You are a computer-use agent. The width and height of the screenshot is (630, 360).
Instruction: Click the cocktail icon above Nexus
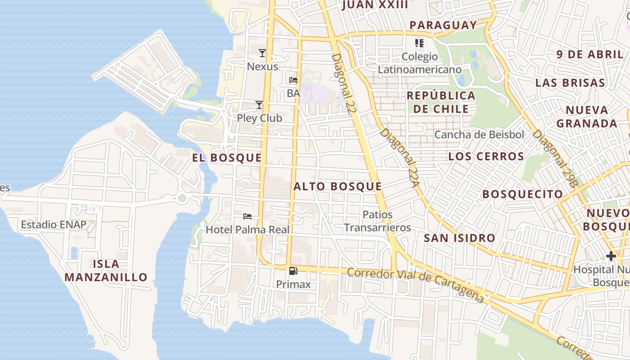click(x=262, y=53)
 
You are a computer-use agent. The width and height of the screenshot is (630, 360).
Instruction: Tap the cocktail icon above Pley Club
click(x=259, y=105)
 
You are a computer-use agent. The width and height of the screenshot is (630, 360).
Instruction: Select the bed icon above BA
click(x=293, y=81)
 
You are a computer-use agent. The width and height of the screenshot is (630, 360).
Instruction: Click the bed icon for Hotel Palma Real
click(x=247, y=216)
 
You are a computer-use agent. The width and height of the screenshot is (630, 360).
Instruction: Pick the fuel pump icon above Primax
click(x=293, y=271)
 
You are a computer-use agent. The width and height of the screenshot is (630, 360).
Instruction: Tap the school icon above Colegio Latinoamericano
click(x=419, y=43)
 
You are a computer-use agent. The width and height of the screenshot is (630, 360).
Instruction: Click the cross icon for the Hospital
click(x=611, y=256)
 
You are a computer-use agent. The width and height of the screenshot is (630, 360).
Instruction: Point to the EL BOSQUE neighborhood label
click(x=227, y=158)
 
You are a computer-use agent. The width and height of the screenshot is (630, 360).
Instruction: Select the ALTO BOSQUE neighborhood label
click(x=337, y=187)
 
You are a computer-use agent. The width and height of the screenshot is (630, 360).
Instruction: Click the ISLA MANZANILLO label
click(x=106, y=270)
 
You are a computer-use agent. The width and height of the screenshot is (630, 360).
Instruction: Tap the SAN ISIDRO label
click(x=459, y=238)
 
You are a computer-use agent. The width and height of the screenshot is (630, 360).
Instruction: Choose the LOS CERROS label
click(x=486, y=157)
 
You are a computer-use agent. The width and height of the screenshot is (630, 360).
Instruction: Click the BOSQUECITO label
click(x=522, y=194)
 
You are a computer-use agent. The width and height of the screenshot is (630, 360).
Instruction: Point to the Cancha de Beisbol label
click(x=479, y=135)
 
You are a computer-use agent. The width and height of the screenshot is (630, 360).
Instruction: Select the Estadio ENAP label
click(x=53, y=225)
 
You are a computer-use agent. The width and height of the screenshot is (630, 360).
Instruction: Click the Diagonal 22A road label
click(x=400, y=157)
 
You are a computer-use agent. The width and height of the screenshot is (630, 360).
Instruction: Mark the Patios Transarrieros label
click(x=378, y=221)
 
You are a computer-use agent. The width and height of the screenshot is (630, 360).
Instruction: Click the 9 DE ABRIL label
click(x=589, y=55)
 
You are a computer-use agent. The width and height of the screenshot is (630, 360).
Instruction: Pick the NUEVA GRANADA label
click(x=587, y=117)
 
